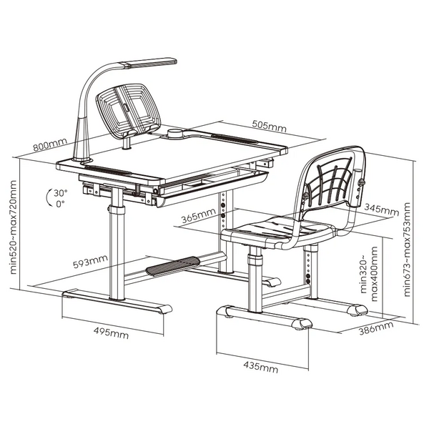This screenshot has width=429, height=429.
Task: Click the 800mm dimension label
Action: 50,144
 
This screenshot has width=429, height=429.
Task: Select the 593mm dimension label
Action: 90,261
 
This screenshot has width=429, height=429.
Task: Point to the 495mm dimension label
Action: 111,332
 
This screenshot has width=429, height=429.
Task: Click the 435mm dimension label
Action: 261,368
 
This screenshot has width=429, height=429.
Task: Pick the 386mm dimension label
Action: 376,328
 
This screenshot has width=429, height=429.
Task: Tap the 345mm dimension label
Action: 382,209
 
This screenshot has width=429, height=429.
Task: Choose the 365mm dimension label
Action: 198,216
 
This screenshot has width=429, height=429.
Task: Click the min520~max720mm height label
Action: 13,227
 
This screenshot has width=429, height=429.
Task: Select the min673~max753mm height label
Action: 407,250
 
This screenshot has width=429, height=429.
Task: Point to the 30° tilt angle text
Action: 61,193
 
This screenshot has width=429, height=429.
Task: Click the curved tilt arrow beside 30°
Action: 49,197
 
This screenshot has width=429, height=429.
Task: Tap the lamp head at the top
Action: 150,62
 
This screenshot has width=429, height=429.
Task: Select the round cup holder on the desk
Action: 175,134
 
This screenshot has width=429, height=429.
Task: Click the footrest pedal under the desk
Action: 173,266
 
